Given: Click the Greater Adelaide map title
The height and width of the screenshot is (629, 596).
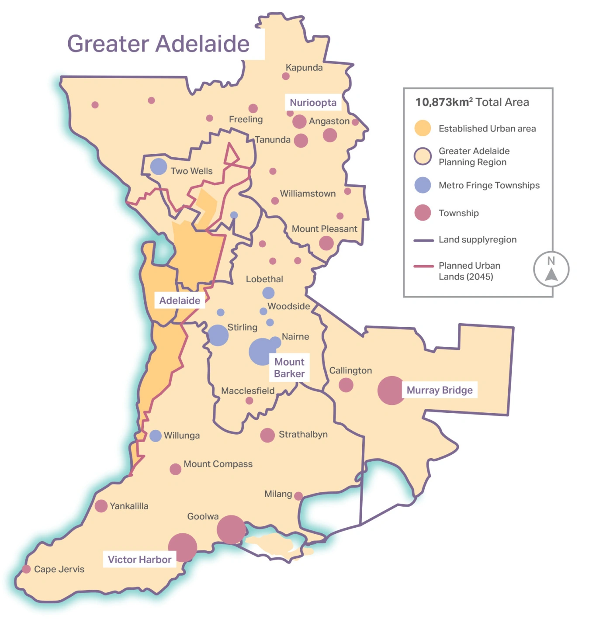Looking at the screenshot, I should [158, 44].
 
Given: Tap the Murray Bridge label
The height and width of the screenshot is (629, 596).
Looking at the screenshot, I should [440, 390].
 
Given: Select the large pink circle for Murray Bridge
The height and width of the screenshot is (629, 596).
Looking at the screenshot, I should [391, 391].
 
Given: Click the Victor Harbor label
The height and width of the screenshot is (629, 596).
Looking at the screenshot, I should [139, 560].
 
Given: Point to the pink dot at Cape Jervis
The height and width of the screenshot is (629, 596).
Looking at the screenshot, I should [26, 569].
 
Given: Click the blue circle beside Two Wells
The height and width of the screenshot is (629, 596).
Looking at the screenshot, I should [159, 166].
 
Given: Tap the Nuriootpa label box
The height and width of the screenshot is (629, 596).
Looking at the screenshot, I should [313, 103].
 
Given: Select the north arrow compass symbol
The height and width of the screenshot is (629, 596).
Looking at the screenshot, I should [551, 269].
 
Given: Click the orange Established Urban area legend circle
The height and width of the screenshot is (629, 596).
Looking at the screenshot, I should [423, 128].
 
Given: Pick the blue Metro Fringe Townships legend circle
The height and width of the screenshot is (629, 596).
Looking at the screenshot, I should [423, 185].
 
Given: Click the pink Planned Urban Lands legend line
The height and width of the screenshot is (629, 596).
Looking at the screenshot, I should [423, 266].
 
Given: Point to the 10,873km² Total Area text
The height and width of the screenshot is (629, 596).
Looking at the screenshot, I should [472, 102].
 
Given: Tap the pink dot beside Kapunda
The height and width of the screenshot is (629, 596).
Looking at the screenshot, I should [286, 76].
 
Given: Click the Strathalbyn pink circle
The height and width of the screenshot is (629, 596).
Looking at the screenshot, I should [267, 435].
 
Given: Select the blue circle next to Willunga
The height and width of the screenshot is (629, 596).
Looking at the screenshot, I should [156, 435].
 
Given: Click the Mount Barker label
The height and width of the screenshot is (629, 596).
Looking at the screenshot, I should [289, 368].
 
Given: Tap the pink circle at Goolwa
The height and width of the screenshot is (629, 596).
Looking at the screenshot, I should [231, 529].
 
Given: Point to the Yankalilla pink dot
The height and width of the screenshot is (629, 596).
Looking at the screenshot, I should [101, 506].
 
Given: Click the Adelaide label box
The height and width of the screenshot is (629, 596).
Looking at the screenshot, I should [180, 301].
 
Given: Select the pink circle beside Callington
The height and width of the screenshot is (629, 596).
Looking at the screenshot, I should [346, 385].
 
